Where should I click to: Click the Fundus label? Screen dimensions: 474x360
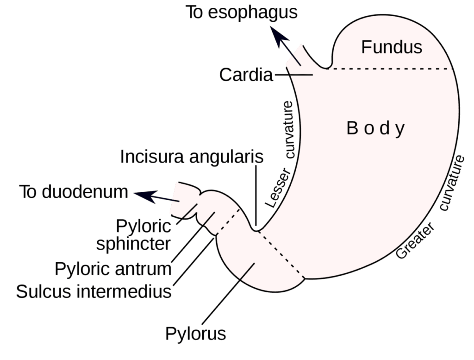coord(392,47)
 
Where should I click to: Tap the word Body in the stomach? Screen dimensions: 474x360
coord(375,128)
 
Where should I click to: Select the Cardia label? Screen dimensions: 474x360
coord(246,75)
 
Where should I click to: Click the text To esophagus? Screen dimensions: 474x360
coord(241,13)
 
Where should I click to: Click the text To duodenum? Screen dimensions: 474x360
coord(74,192)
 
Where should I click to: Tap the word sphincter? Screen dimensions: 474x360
coord(133,244)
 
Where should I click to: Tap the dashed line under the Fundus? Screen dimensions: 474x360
coord(390,69)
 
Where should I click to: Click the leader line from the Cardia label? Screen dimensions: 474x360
coord(293,75)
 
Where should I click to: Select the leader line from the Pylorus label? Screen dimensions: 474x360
coord(229,294)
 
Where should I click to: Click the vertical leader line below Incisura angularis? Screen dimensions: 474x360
coord(256,195)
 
